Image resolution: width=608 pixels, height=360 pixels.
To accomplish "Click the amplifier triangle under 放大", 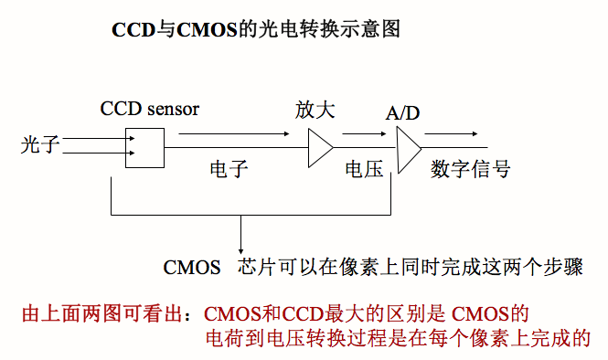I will pyautogui.click(x=319, y=147).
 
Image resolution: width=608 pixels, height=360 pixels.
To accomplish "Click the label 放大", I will pyautogui.click(x=315, y=111).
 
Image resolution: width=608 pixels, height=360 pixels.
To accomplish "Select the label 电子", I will pyautogui.click(x=228, y=170).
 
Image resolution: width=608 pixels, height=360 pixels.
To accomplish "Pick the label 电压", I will pyautogui.click(x=365, y=170).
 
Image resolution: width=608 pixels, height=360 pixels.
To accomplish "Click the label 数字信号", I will pyautogui.click(x=470, y=170).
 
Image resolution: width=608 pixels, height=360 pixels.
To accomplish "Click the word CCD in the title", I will pyautogui.click(x=131, y=29).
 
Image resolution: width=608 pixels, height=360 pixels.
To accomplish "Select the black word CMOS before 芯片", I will pyautogui.click(x=192, y=268).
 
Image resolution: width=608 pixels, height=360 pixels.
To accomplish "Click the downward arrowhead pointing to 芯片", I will pyautogui.click(x=240, y=249).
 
